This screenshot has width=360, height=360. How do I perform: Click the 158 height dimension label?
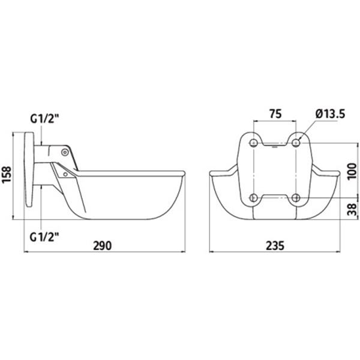[x=7, y=175]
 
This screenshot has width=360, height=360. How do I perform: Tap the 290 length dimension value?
[x=103, y=245]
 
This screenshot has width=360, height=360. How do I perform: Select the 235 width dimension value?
[x=275, y=245]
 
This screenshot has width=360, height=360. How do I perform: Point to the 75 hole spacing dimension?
[x=275, y=114]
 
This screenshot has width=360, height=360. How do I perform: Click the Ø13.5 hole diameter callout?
[x=330, y=114]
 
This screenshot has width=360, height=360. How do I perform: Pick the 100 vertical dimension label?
[x=352, y=172]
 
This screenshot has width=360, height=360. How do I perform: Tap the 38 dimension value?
[x=352, y=209]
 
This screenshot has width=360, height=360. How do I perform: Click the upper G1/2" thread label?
[x=45, y=119]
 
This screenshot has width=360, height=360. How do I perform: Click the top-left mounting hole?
[x=253, y=143]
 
